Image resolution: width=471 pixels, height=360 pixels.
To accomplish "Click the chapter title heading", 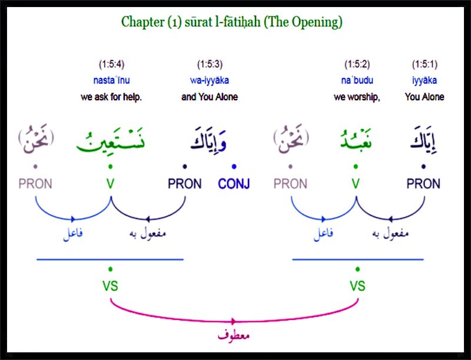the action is pyautogui.click(x=231, y=22).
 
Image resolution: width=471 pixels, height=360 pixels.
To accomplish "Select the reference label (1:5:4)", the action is pyautogui.click(x=111, y=64).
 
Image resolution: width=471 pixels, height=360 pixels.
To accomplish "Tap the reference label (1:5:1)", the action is pyautogui.click(x=424, y=64).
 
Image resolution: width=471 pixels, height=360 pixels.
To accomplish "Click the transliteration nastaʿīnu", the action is pyautogui.click(x=111, y=80).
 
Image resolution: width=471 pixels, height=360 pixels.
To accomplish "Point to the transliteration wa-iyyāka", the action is pyautogui.click(x=210, y=80).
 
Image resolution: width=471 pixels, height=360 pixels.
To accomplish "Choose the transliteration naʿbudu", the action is pyautogui.click(x=357, y=80).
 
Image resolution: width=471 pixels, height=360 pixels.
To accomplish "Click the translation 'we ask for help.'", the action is pyautogui.click(x=111, y=97).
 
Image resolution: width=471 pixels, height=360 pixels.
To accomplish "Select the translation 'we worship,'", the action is pyautogui.click(x=357, y=97).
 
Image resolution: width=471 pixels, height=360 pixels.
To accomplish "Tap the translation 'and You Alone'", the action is pyautogui.click(x=210, y=97).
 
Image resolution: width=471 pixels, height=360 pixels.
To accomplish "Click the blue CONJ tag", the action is pyautogui.click(x=234, y=184).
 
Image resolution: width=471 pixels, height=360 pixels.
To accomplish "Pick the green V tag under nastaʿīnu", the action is pyautogui.click(x=110, y=184).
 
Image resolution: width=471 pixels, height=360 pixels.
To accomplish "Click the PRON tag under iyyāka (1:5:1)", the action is pyautogui.click(x=423, y=184).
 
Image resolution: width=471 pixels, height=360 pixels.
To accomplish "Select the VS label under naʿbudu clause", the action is pyautogui.click(x=357, y=286).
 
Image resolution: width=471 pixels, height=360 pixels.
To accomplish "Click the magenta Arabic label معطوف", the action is pyautogui.click(x=234, y=335).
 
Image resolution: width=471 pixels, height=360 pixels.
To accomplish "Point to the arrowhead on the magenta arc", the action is pyautogui.click(x=233, y=322).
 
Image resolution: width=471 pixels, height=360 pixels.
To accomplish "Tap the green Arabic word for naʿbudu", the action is pyautogui.click(x=356, y=140).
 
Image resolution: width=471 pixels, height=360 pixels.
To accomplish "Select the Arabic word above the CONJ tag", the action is pyautogui.click(x=208, y=140).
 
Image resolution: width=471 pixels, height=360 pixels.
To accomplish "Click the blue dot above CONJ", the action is pyautogui.click(x=234, y=166).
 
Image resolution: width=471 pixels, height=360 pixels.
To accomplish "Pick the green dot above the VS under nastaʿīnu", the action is pyautogui.click(x=111, y=269).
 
